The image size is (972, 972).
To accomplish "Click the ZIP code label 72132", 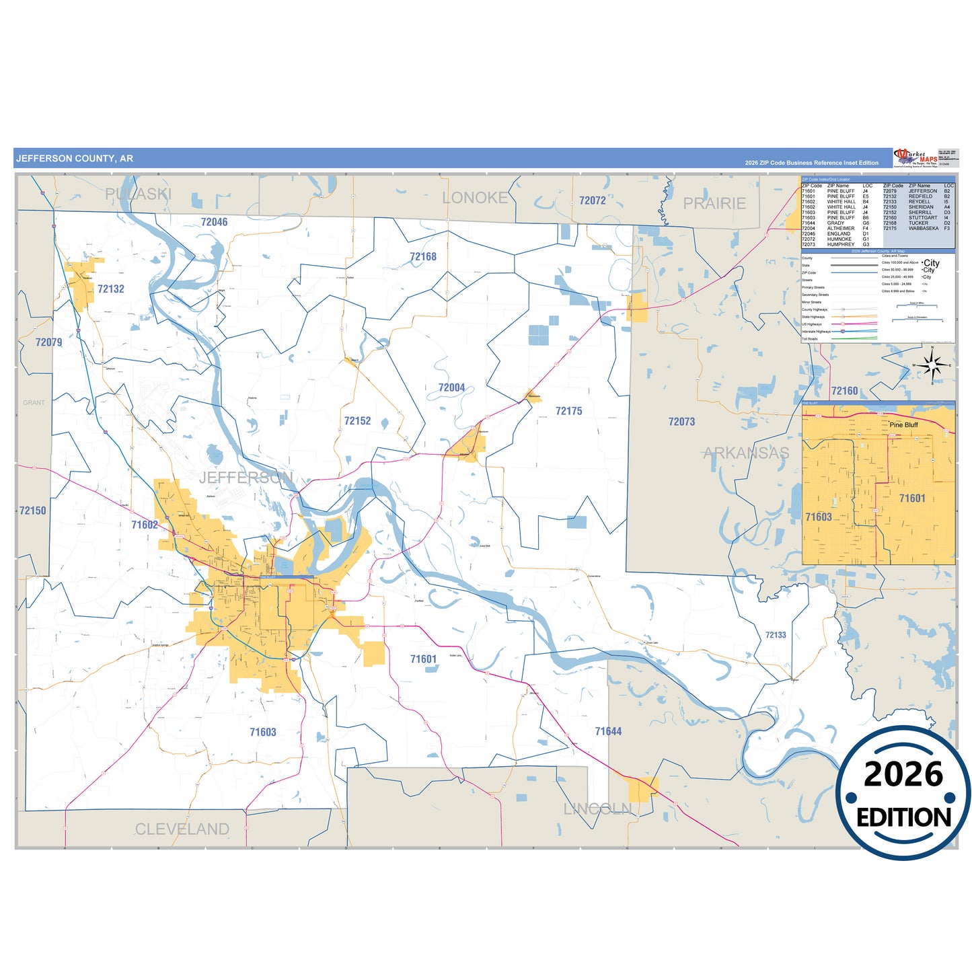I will [111, 289].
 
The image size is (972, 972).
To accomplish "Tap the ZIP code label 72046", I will [214, 222].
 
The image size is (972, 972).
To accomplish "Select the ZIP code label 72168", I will [423, 257].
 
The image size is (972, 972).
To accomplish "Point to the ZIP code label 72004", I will [451, 387].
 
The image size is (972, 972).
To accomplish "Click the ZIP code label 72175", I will [568, 411].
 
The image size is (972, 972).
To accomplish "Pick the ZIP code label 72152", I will [357, 421].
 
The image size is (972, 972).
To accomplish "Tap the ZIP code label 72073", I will [681, 422].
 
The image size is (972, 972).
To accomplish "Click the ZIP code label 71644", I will [608, 731].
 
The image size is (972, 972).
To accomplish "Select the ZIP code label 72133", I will [776, 635].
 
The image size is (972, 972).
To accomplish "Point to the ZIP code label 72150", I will [32, 511].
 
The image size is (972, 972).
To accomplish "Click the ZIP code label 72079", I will [48, 342].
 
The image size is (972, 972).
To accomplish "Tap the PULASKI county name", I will [138, 194].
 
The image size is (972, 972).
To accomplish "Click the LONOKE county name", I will [475, 198].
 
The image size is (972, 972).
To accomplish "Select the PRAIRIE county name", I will [714, 203].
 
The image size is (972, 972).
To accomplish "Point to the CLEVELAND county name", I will [182, 829].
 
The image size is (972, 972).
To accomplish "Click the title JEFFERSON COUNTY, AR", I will [75, 159].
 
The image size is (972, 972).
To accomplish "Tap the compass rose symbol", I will [932, 365].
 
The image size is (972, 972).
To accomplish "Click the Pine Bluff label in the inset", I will [903, 425].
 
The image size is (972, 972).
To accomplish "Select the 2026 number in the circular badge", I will [903, 774].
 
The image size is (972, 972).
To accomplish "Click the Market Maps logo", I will [915, 158].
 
